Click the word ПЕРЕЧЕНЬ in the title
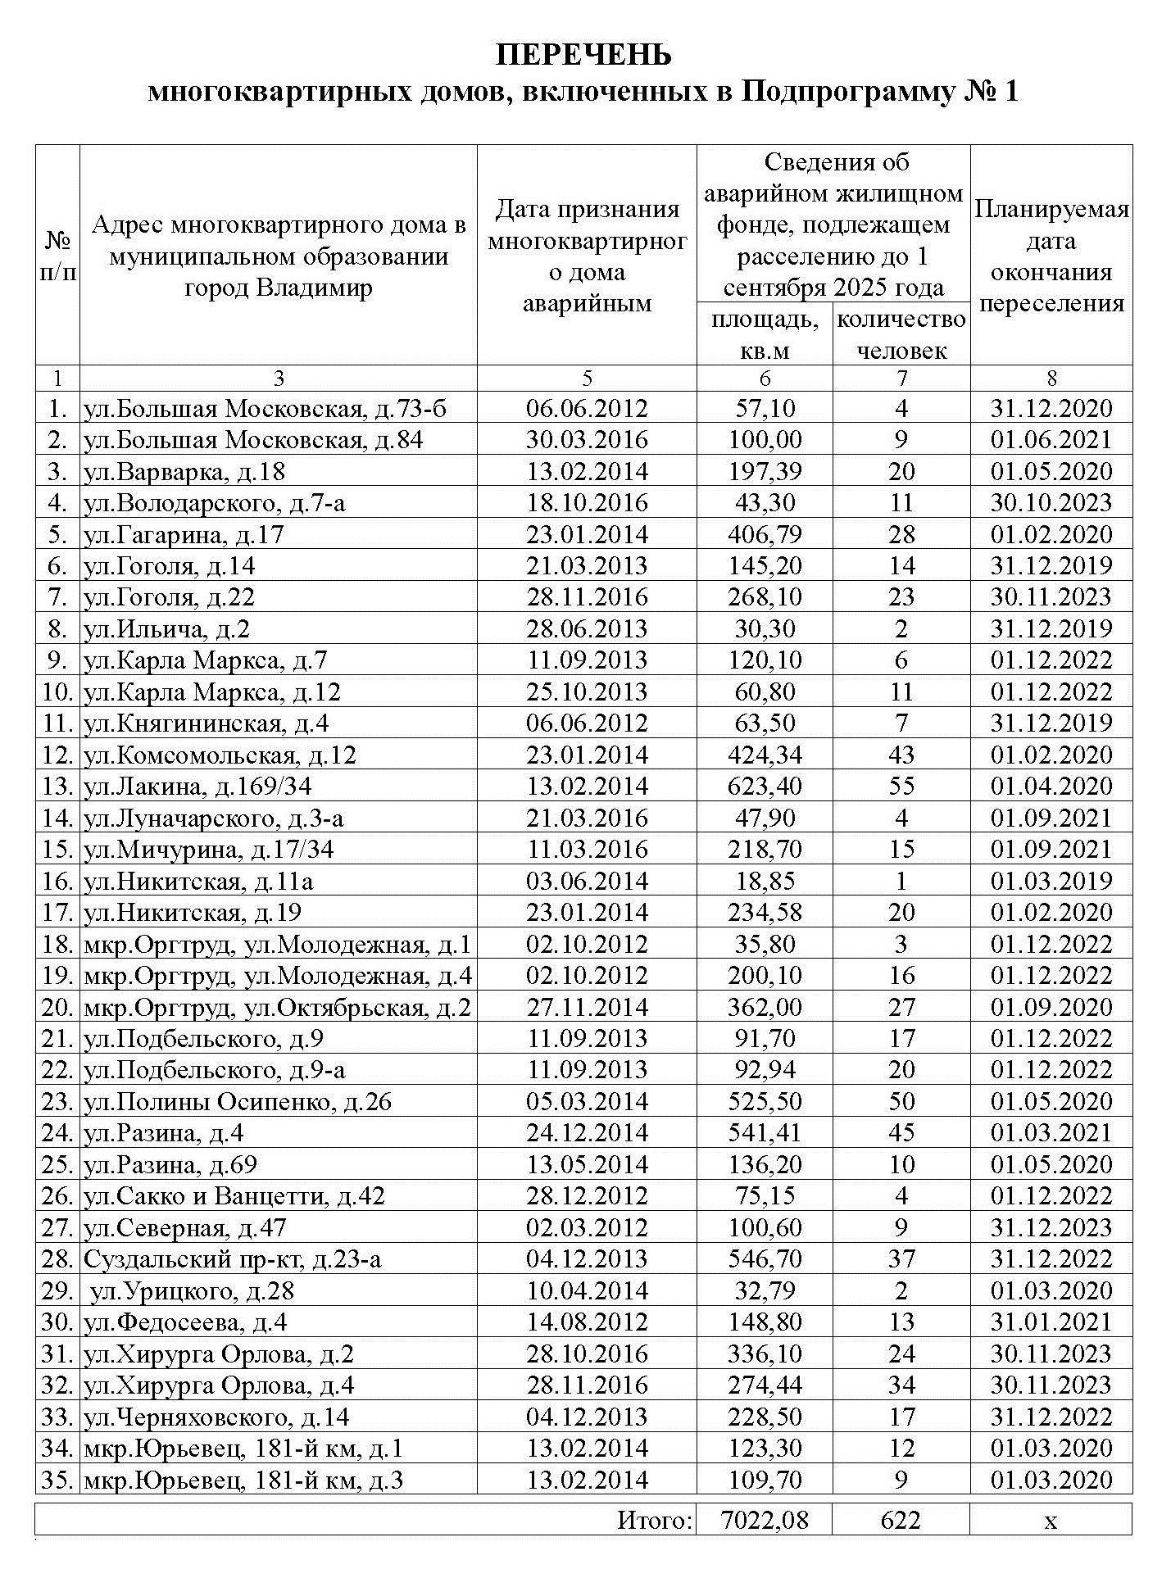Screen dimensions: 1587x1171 click(583, 54)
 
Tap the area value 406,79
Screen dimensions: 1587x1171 click(765, 535)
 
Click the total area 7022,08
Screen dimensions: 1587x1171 click(765, 1521)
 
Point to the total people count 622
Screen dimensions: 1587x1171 click(901, 1521)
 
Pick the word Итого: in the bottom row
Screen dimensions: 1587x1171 click(655, 1521)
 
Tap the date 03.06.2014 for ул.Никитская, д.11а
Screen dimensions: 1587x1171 click(587, 882)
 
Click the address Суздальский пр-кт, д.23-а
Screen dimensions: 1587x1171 click(232, 1259)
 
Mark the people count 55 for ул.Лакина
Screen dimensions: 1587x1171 click(901, 787)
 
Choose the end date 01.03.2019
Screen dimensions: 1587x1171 click(1051, 882)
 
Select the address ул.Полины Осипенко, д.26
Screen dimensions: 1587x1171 click(238, 1102)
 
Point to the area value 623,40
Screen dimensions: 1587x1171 click(765, 787)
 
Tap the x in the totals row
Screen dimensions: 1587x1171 click(1051, 1521)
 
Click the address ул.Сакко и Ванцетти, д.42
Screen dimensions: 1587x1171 click(234, 1196)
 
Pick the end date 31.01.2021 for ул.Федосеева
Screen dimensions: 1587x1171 click(1051, 1322)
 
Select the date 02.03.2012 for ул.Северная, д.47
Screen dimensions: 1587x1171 click(587, 1228)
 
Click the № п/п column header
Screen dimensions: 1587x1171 click(57, 256)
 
